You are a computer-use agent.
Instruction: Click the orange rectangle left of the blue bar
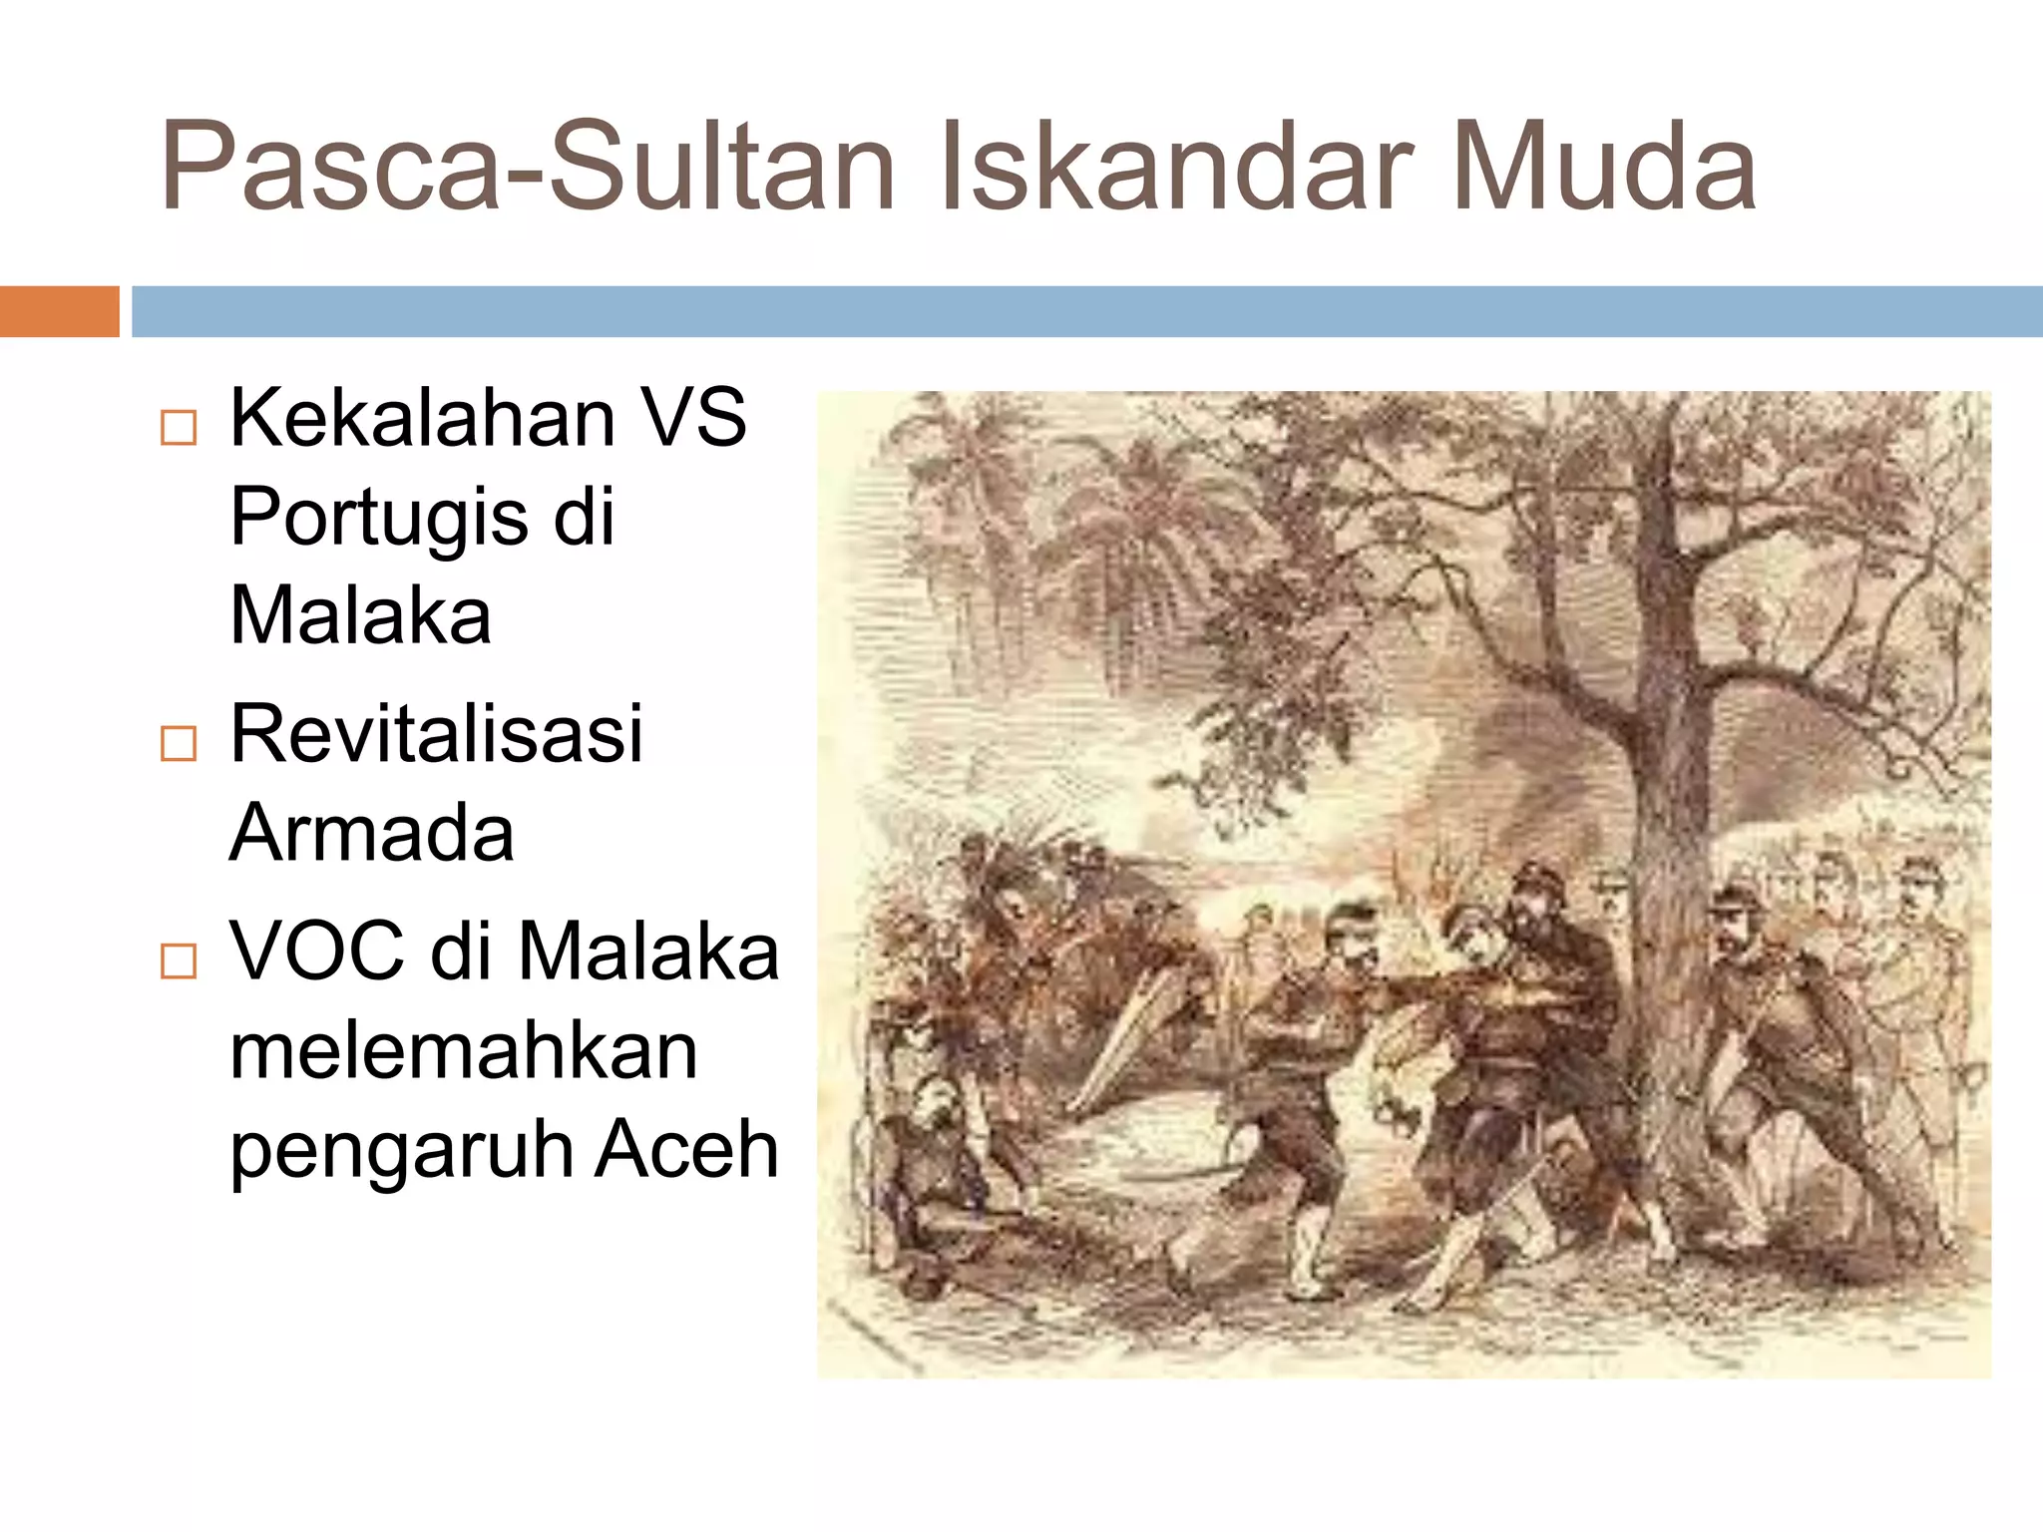tap(59, 311)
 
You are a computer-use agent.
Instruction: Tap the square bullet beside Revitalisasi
tap(179, 744)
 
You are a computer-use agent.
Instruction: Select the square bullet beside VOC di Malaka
tap(179, 960)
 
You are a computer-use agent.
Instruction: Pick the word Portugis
tap(379, 519)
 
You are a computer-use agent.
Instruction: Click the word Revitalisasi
tap(436, 735)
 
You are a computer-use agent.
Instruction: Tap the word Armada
tap(371, 834)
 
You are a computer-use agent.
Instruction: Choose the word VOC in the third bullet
tap(317, 952)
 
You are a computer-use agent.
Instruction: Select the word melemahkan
tap(463, 1051)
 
